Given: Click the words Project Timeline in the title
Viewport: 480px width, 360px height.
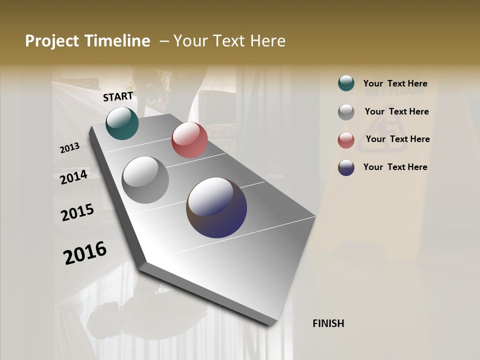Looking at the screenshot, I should click(87, 41).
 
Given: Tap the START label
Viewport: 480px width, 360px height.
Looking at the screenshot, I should click(118, 96).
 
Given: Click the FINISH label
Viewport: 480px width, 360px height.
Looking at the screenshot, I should click(328, 323).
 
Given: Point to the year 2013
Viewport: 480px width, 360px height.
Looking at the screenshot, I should click(69, 148).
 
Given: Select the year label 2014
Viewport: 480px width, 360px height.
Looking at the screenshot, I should click(73, 177).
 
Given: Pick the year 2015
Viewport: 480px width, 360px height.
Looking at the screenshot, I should click(77, 212).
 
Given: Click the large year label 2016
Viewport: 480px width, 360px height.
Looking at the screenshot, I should click(84, 253).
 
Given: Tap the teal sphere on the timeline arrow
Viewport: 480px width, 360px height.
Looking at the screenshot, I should click(122, 123).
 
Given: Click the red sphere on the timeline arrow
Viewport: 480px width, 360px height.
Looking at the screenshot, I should click(189, 140).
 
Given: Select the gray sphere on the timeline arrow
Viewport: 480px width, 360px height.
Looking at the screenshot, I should click(145, 180).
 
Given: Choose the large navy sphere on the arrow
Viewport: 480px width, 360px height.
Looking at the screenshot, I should click(216, 207).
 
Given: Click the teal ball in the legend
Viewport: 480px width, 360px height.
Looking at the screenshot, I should click(346, 83).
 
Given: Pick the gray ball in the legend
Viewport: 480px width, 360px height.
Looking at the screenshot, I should click(346, 112).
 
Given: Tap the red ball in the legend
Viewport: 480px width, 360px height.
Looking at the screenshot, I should click(346, 140).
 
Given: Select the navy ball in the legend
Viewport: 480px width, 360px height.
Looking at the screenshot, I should click(346, 167).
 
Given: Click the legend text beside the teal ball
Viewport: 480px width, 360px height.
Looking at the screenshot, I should click(395, 84).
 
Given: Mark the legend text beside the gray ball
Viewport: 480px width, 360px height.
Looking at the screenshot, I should click(396, 111).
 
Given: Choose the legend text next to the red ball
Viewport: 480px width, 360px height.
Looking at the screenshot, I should click(397, 139).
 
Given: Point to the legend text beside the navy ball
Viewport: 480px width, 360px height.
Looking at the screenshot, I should click(395, 167).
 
